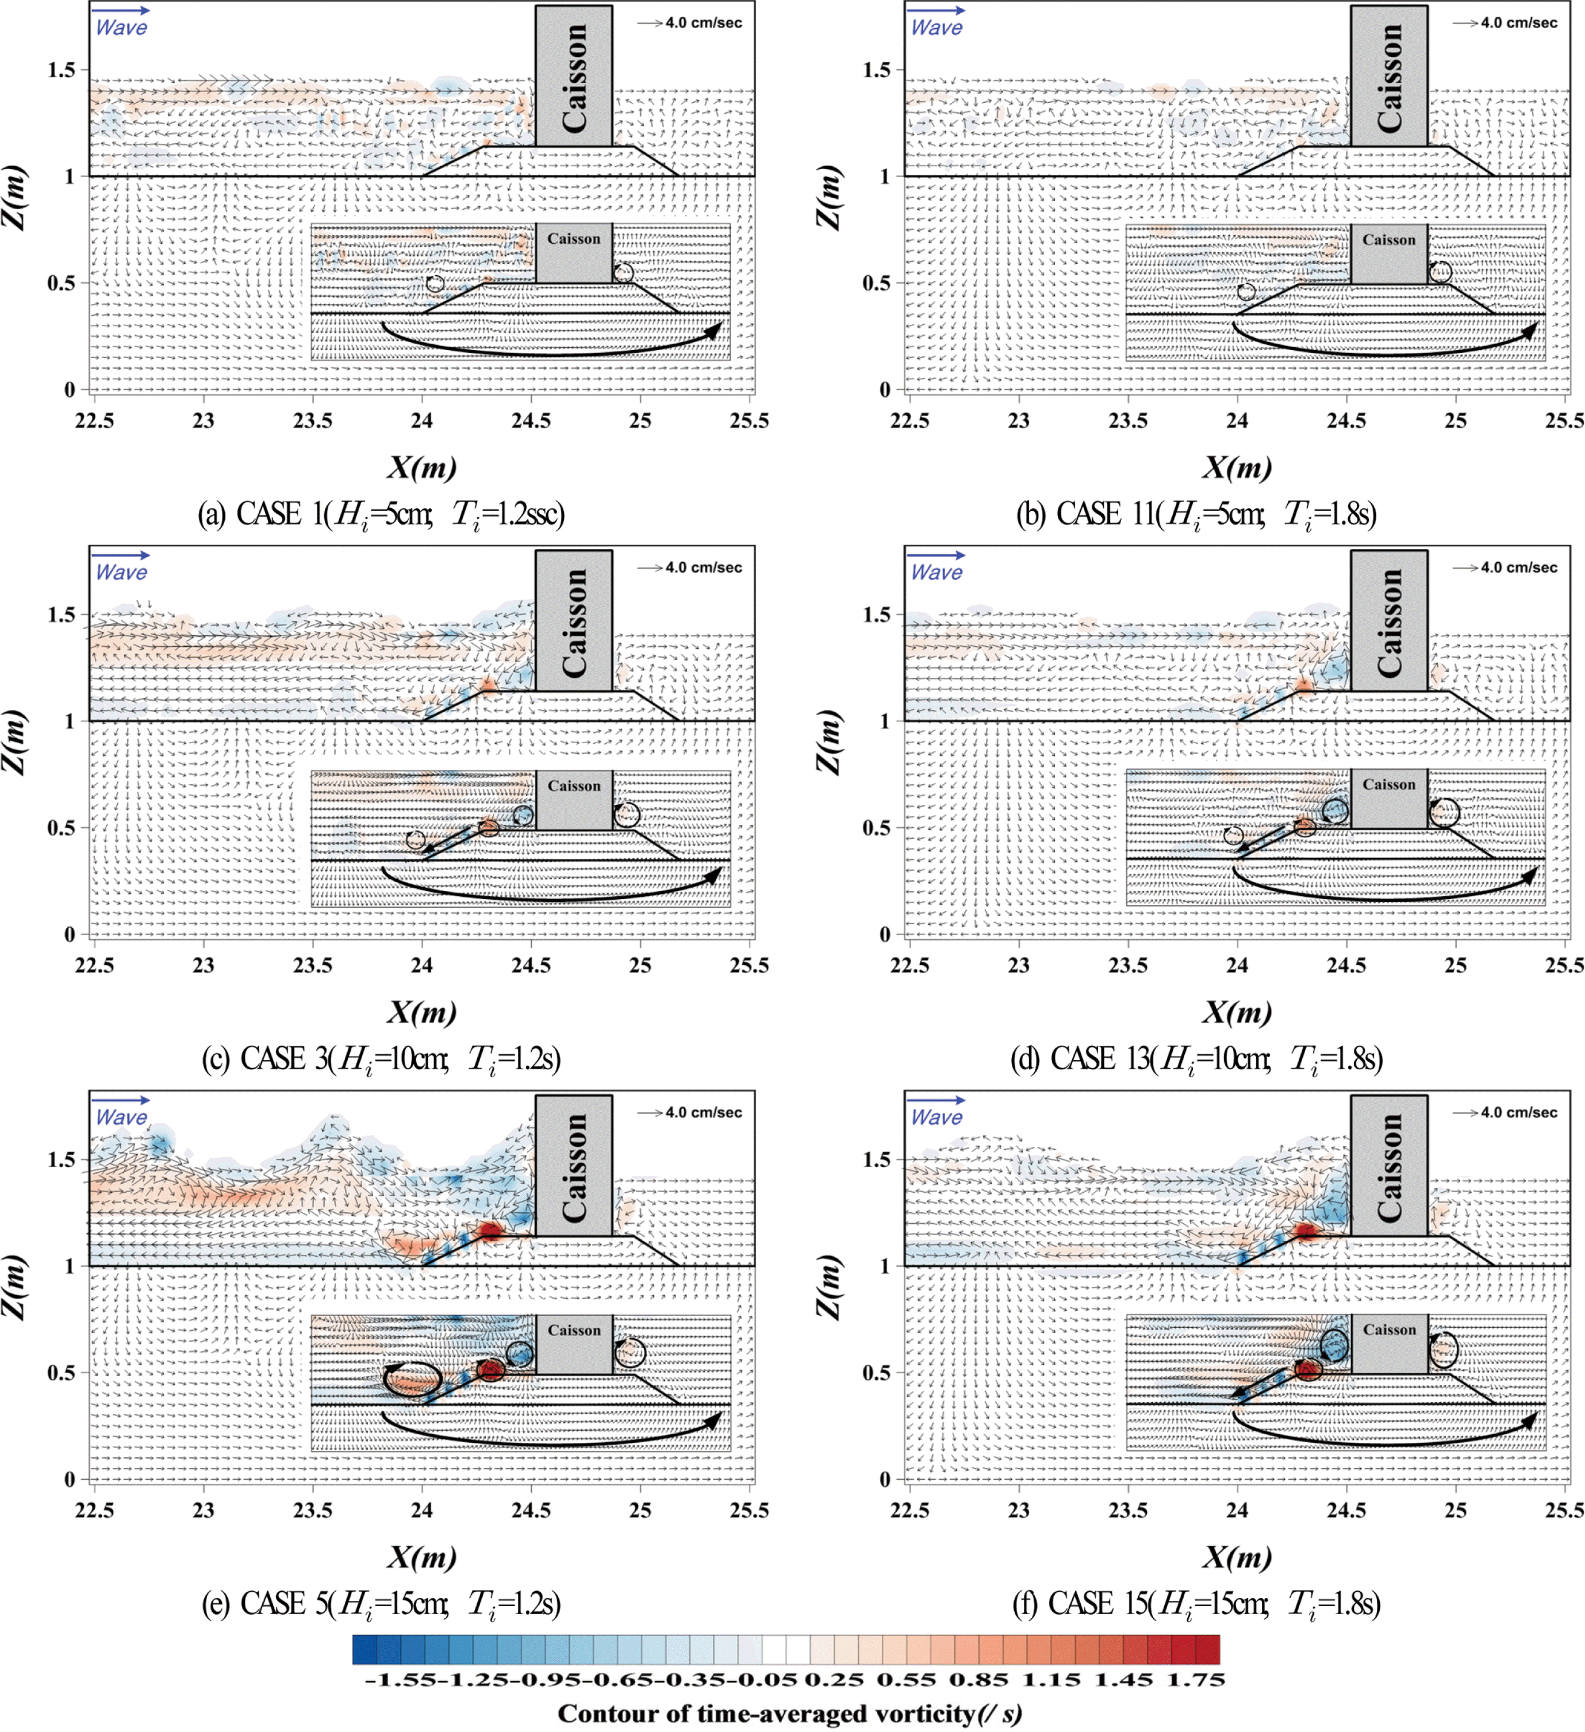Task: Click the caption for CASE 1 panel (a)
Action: click(381, 514)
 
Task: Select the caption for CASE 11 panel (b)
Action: click(1197, 514)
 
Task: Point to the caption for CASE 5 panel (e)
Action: click(381, 1603)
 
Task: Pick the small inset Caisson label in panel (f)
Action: click(1389, 1329)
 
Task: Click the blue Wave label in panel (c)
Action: click(121, 572)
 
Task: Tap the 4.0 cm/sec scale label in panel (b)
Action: click(1518, 23)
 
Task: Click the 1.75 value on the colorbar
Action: click(1195, 1679)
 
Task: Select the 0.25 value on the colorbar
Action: click(823, 1679)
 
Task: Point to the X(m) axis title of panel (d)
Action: click(1236, 1012)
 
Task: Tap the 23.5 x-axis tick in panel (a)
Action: click(312, 420)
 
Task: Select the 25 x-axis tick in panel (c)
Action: click(640, 965)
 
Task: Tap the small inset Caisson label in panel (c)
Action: click(574, 785)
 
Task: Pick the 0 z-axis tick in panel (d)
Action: click(885, 934)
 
